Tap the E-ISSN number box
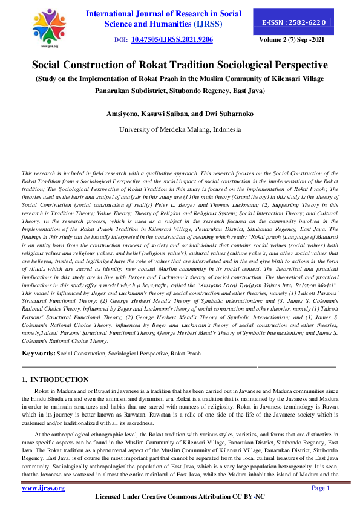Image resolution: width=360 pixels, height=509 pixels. (294, 22)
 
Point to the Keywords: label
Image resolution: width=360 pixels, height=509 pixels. (39, 352)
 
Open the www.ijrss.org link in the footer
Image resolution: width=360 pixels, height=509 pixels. (44, 487)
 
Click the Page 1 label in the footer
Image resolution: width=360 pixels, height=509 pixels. (320, 487)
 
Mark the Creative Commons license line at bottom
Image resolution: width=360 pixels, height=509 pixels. (180, 497)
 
